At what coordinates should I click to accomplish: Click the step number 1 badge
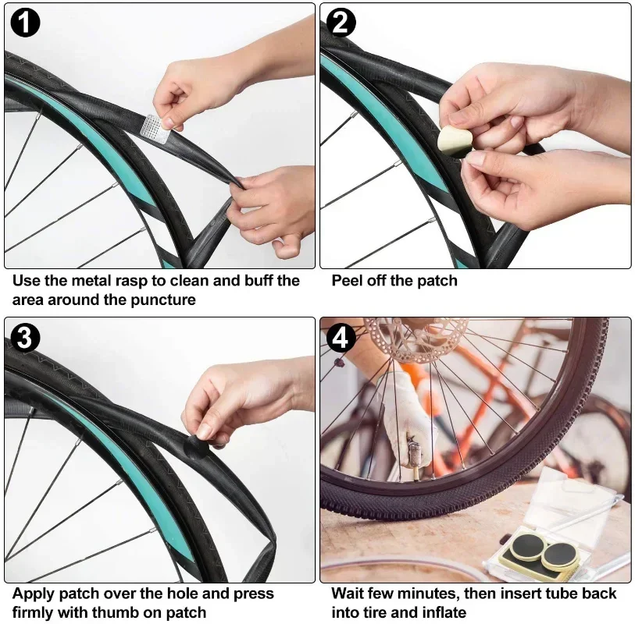[x=25, y=23]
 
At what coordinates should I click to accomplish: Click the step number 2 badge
[x=341, y=23]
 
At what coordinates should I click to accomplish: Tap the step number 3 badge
[x=25, y=338]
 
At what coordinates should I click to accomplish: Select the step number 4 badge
[x=341, y=338]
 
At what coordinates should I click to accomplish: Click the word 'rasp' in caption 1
[x=142, y=281]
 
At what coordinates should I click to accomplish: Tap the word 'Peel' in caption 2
[x=348, y=281]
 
